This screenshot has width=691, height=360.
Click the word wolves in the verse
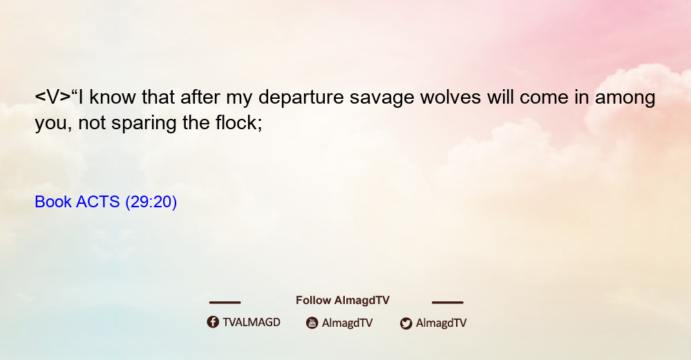point(451,97)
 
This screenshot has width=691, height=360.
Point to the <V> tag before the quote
point(53,97)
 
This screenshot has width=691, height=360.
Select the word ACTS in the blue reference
point(98,202)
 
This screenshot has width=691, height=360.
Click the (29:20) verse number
point(151,202)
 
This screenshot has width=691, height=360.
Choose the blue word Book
point(53,202)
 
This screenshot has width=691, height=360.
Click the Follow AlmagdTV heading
point(343,301)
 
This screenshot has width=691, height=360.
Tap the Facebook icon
point(213,322)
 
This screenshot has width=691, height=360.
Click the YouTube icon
point(312,323)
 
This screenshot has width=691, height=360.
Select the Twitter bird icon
point(406,323)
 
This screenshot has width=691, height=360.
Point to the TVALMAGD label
point(252,323)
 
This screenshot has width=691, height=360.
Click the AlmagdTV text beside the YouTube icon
point(348,323)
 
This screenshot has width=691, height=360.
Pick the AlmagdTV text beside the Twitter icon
point(441,323)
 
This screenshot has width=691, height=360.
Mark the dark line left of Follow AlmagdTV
point(225,303)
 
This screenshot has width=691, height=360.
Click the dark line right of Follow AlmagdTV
point(448,303)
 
